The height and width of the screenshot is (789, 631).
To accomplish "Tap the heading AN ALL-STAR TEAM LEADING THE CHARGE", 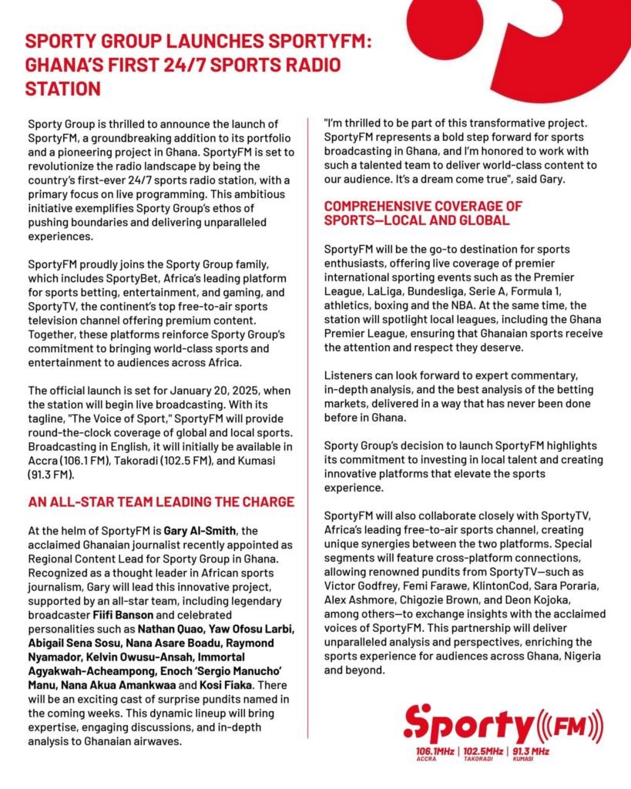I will [x=161, y=502].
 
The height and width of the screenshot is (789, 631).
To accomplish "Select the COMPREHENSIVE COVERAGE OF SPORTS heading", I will [x=423, y=213].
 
